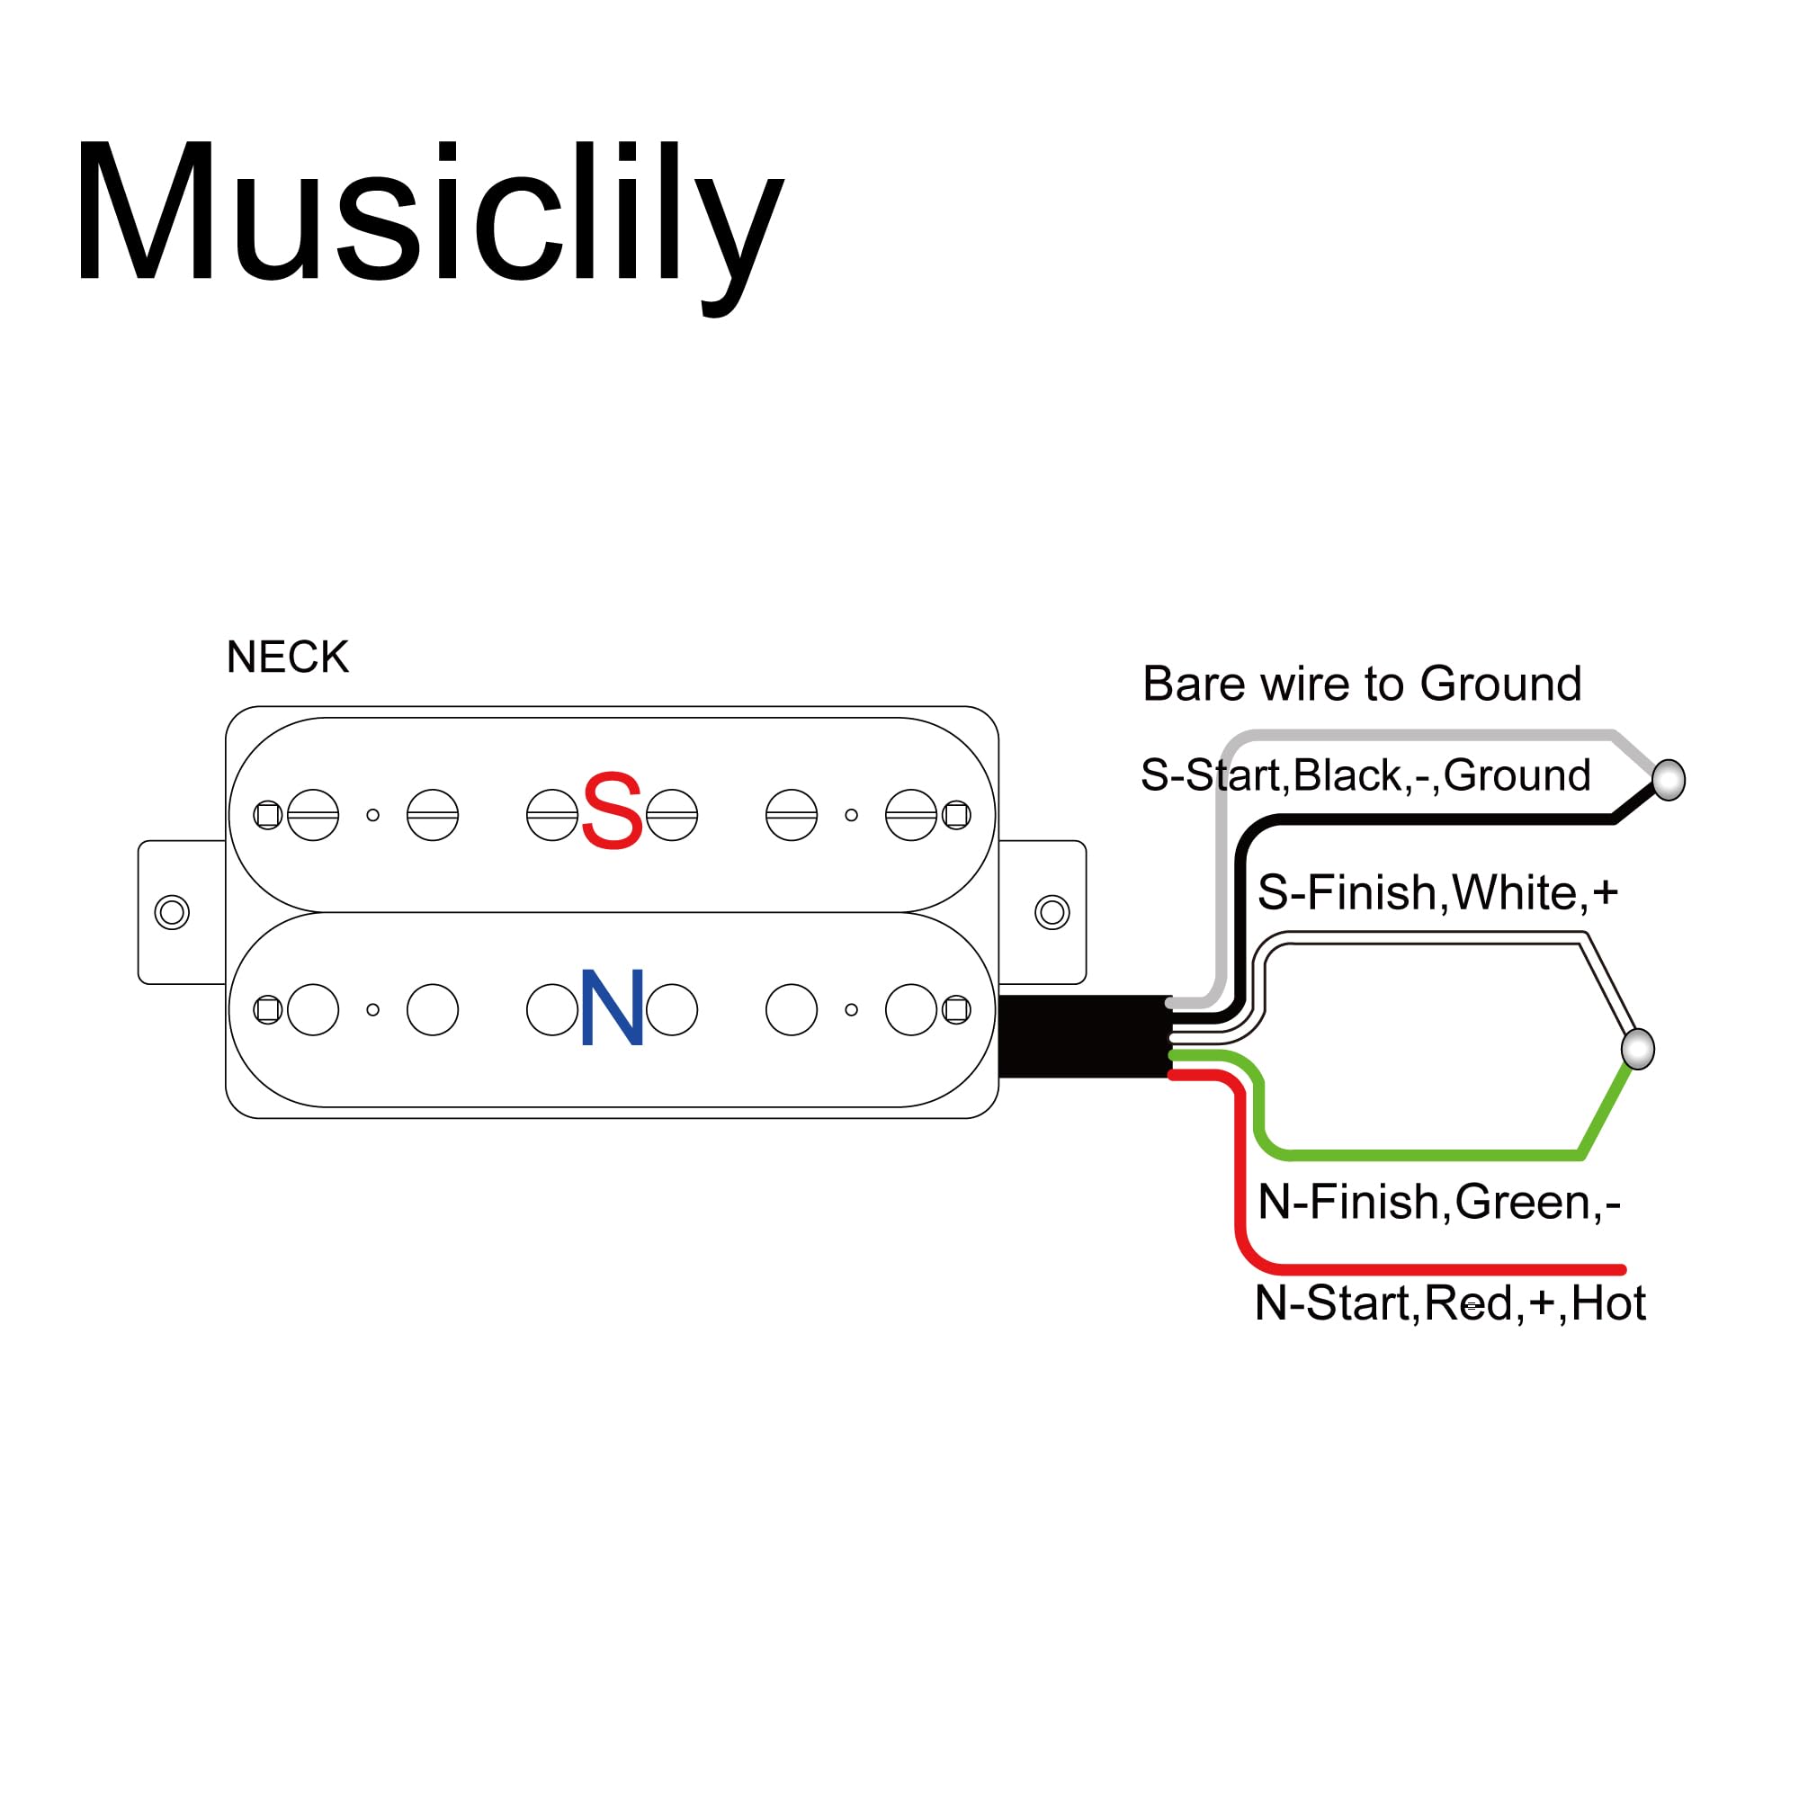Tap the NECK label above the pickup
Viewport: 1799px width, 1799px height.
point(288,658)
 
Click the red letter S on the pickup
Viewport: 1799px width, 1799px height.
point(612,811)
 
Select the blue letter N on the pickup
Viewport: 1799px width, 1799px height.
point(612,1007)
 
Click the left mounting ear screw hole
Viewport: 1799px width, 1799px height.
point(171,912)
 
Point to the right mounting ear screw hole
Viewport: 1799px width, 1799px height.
point(1052,912)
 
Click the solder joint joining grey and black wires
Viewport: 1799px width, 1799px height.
point(1669,780)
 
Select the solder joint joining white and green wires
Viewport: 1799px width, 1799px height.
point(1638,1050)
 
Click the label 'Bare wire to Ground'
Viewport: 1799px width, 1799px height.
point(1361,685)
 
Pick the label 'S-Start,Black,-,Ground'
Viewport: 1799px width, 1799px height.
point(1365,775)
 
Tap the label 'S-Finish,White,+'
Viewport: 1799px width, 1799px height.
point(1437,893)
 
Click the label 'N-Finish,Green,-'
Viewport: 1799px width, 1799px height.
point(1438,1202)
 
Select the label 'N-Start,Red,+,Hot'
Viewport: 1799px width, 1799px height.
point(1450,1302)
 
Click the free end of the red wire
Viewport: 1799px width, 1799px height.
point(1621,1270)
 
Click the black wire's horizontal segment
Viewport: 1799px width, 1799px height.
point(1444,819)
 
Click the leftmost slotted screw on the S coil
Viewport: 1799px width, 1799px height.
point(313,815)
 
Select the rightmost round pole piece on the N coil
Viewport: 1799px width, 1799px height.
point(910,1009)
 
